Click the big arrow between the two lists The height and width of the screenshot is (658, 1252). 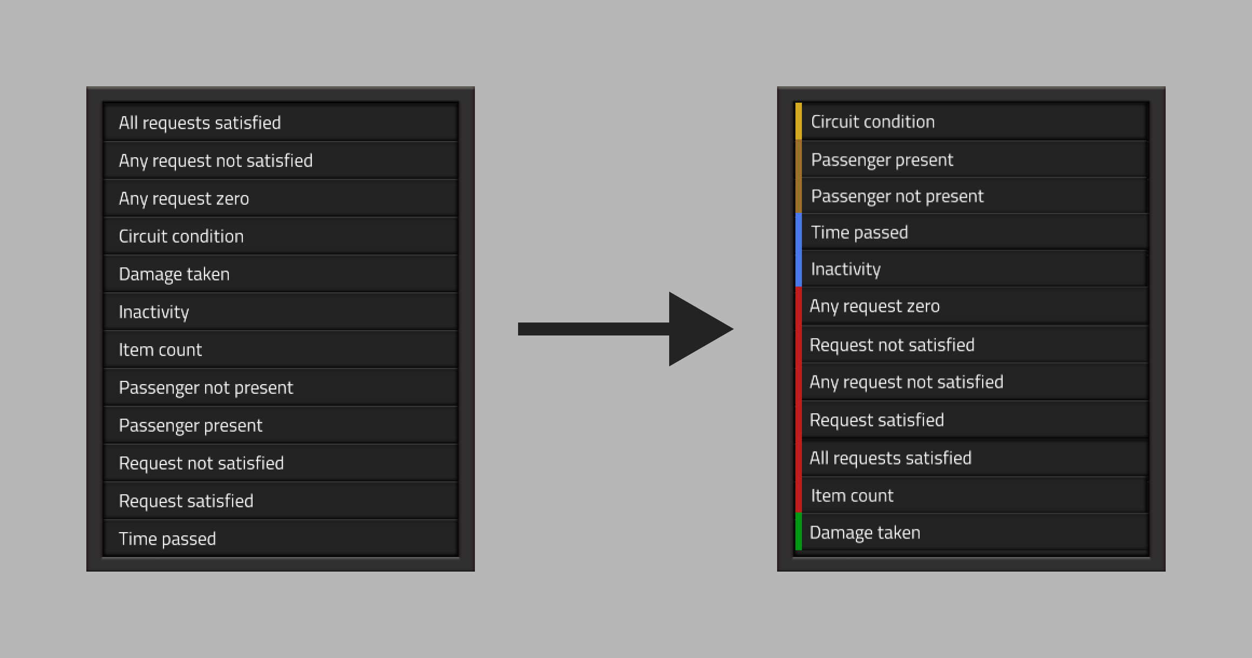point(625,329)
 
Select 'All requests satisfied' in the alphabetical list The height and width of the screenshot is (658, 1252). point(200,123)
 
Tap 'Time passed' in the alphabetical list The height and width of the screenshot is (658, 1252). point(167,539)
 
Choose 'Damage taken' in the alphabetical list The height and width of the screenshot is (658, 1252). point(174,274)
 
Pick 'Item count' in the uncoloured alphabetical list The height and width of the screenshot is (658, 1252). point(160,350)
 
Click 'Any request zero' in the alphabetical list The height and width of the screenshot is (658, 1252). point(184,199)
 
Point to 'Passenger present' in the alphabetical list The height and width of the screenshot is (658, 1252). point(190,426)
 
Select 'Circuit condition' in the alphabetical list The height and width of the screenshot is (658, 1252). point(181,236)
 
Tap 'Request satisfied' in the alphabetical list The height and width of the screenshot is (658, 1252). point(186,501)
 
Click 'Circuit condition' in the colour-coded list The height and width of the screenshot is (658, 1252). point(873,122)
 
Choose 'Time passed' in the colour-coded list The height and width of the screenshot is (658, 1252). point(860,232)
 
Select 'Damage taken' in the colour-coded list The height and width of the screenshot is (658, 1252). point(865,533)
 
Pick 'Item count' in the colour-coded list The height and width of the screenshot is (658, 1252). point(852,495)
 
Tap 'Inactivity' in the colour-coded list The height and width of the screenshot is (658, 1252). point(846,269)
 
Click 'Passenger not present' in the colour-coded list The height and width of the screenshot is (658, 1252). point(897,196)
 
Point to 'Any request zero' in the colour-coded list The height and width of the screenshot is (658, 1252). point(875,306)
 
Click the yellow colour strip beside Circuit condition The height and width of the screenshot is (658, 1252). point(799,121)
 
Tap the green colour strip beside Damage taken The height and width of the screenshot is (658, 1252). point(799,532)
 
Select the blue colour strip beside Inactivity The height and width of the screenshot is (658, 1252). point(799,268)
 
